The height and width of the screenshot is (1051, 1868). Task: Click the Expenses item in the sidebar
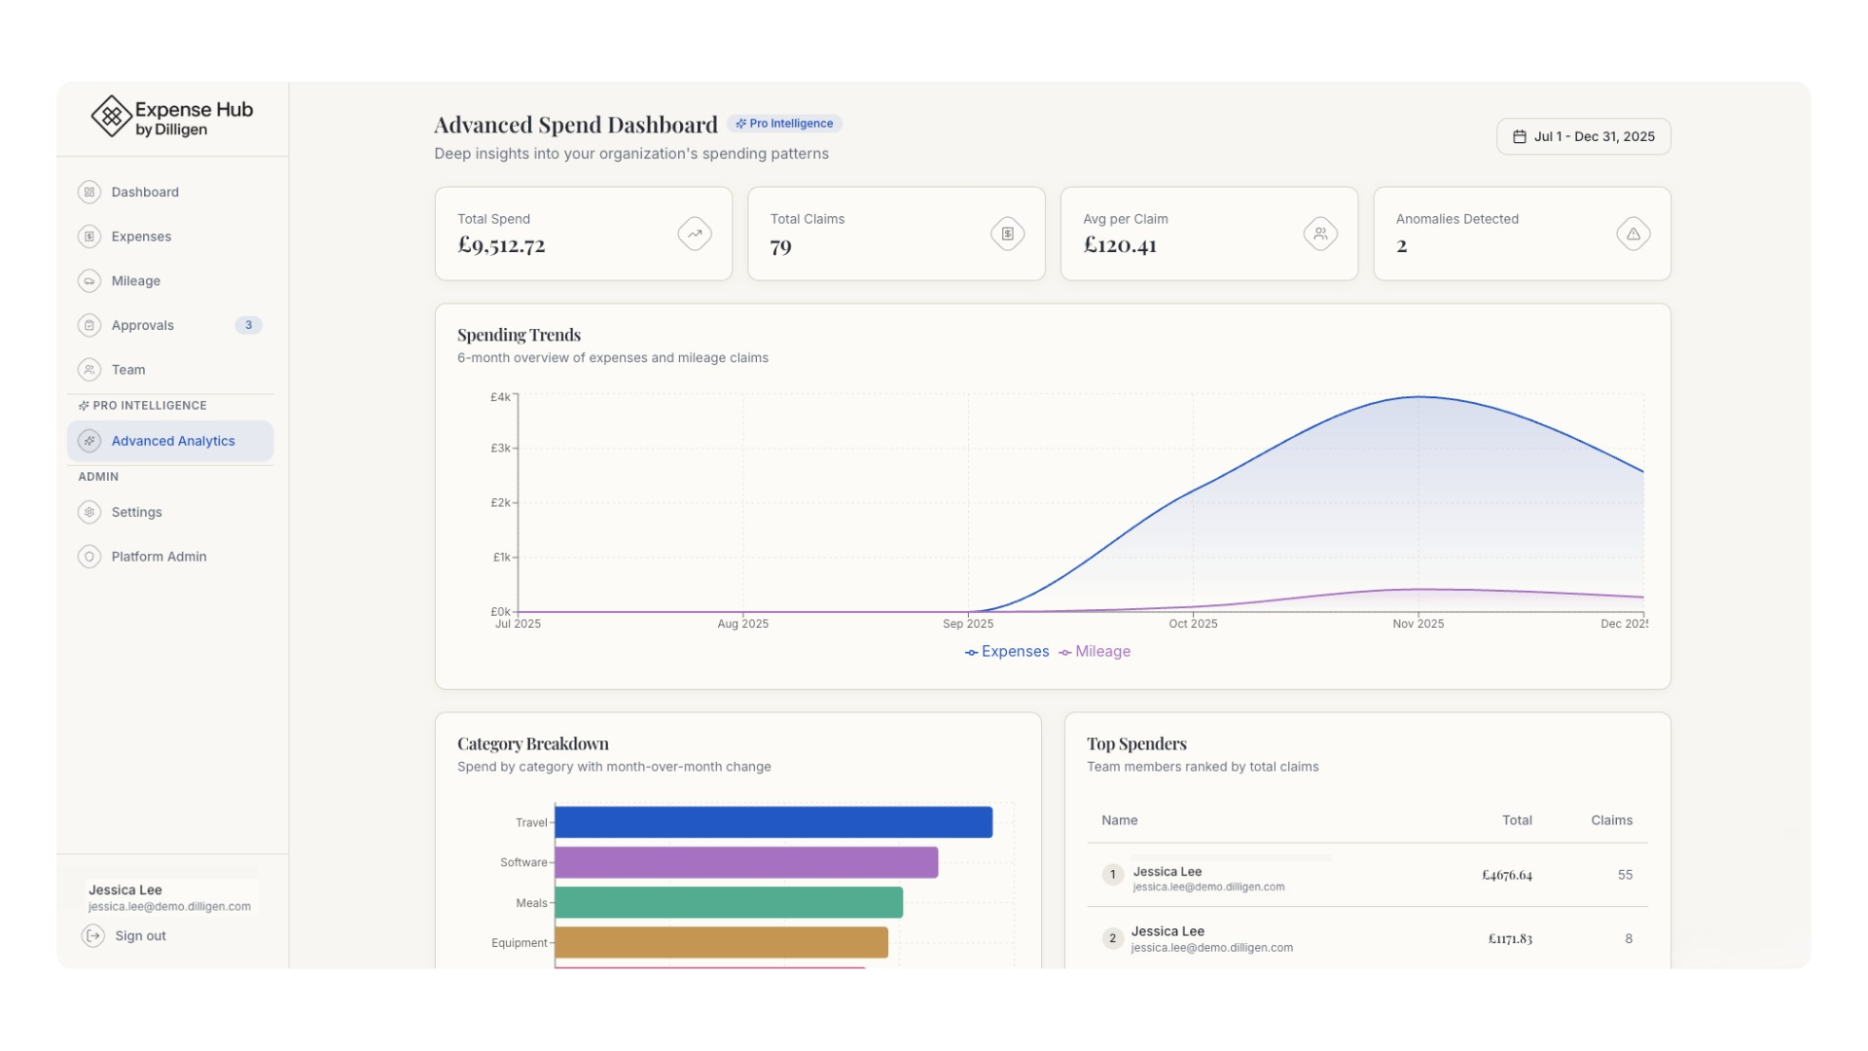(141, 236)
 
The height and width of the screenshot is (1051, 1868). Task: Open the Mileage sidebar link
(135, 281)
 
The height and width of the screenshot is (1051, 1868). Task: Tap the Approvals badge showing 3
(248, 325)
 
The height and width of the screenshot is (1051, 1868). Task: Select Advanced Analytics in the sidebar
(172, 441)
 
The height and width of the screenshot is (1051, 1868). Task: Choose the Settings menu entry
(136, 512)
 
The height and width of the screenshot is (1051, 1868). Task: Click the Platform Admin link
(159, 557)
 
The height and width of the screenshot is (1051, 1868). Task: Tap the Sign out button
(140, 936)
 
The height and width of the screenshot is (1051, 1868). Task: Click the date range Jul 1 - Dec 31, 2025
(1583, 137)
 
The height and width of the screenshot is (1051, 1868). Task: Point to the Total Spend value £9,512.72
(501, 245)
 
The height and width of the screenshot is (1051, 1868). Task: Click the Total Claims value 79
(780, 246)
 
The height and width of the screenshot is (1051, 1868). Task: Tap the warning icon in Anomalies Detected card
(1633, 234)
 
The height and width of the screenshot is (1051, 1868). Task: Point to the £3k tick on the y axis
(500, 449)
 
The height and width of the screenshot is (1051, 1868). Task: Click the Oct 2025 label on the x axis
(1193, 624)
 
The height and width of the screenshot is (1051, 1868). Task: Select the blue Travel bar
(773, 822)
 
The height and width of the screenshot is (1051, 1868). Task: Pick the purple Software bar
(746, 862)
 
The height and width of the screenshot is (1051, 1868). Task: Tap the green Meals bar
(729, 902)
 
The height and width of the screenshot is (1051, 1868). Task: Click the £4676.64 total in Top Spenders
(1507, 875)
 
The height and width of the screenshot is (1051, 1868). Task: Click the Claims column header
(1611, 820)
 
